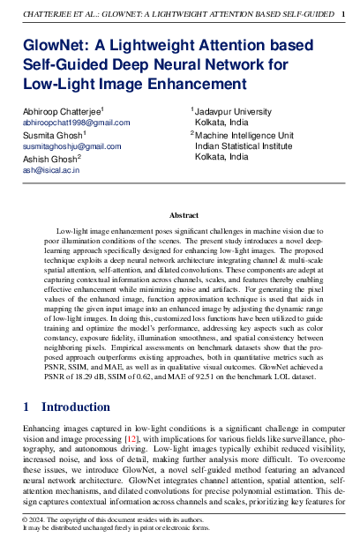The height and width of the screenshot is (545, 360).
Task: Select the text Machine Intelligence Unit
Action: [x=244, y=135]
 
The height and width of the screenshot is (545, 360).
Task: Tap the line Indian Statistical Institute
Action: [x=244, y=146]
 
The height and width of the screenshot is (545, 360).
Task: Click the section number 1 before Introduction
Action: [x=26, y=407]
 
